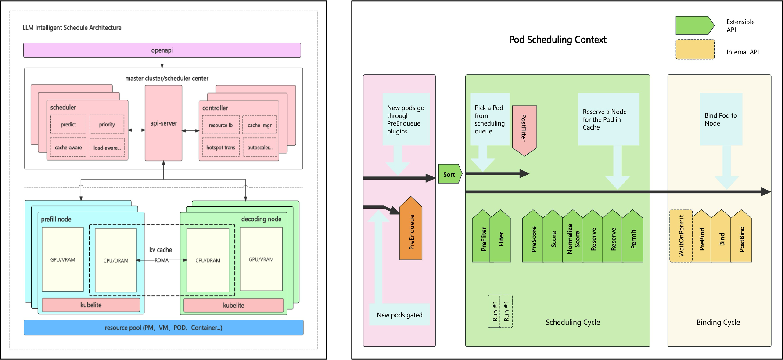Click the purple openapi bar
(x=162, y=50)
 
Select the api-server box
(x=163, y=123)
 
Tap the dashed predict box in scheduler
(x=68, y=124)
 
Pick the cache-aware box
(x=68, y=148)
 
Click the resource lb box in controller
(x=221, y=125)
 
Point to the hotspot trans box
(x=221, y=148)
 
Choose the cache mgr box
(x=259, y=125)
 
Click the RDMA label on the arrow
(x=162, y=260)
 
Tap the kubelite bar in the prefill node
(x=91, y=305)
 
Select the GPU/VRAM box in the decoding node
(x=261, y=259)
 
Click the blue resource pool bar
(x=163, y=328)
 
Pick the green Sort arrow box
(x=449, y=174)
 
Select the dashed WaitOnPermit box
(x=681, y=236)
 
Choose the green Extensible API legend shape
(x=694, y=25)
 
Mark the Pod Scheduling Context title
(x=557, y=40)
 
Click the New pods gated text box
(x=399, y=315)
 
